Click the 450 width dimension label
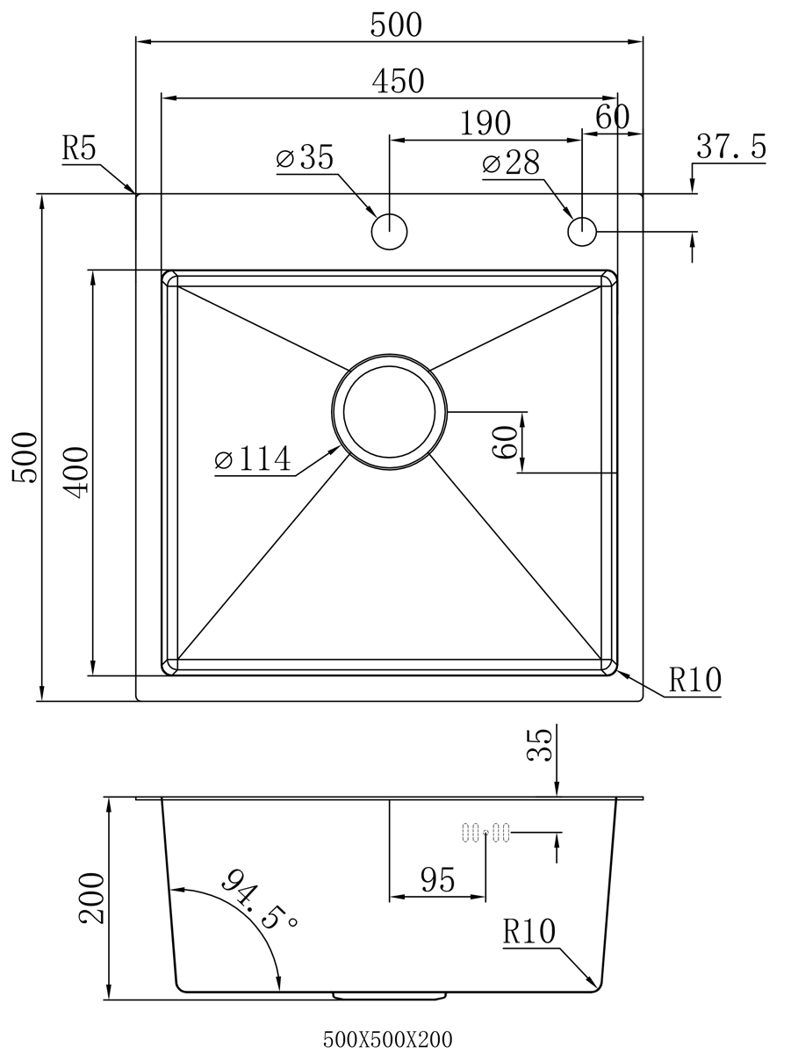tap(398, 81)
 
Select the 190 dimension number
tap(485, 124)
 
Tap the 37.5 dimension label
tap(731, 146)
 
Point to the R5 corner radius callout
tap(79, 148)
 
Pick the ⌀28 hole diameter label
tap(511, 163)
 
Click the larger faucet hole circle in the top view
tap(389, 232)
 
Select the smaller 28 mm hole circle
tap(582, 232)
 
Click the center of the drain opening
tap(389, 412)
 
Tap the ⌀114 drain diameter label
tap(253, 458)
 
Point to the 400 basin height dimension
tap(76, 473)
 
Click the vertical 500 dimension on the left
tap(25, 458)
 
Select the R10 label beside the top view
tap(695, 680)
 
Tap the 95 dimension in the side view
tap(438, 880)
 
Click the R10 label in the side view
tap(529, 931)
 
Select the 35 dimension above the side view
tap(540, 746)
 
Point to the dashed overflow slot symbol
tap(485, 832)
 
